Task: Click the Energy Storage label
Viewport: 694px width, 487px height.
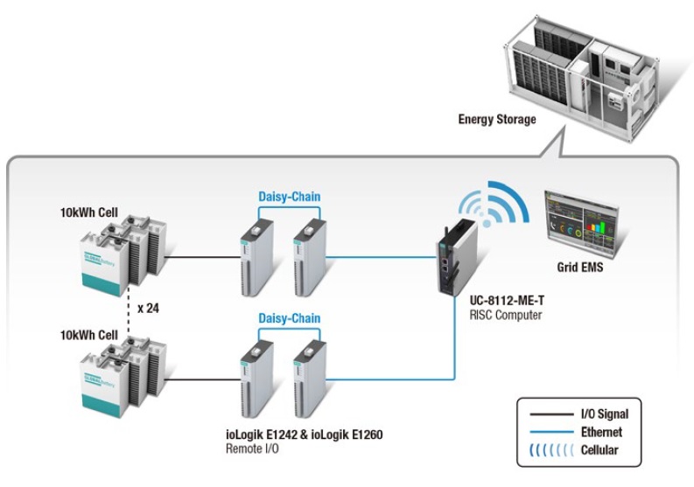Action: [x=496, y=119]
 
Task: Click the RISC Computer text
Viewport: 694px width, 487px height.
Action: [x=496, y=314]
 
